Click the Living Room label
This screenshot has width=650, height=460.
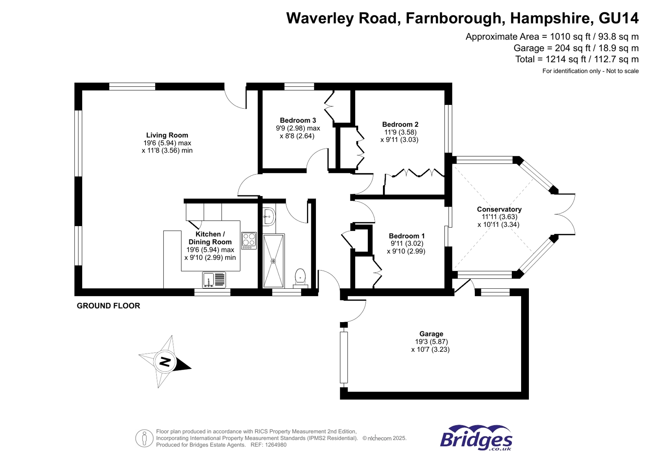pos(167,135)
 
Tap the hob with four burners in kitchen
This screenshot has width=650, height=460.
pos(249,240)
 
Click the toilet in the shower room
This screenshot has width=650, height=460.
pos(300,277)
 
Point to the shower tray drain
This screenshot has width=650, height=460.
pos(273,261)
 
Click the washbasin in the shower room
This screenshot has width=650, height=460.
pos(268,216)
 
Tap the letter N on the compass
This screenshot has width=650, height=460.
pos(165,361)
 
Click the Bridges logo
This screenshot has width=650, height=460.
pos(476,438)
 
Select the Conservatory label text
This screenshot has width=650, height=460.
pos(499,209)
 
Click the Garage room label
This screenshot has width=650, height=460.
pos(431,334)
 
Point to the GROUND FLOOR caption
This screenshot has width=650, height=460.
pos(108,306)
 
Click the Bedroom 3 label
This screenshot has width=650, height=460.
pos(298,120)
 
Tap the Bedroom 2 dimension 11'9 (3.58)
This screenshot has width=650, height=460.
pos(400,132)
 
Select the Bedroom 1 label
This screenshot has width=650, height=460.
pos(407,236)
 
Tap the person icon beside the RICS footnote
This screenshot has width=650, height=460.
pos(144,438)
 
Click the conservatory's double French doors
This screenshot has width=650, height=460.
pos(565,214)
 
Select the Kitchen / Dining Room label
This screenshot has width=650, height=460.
pos(210,238)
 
